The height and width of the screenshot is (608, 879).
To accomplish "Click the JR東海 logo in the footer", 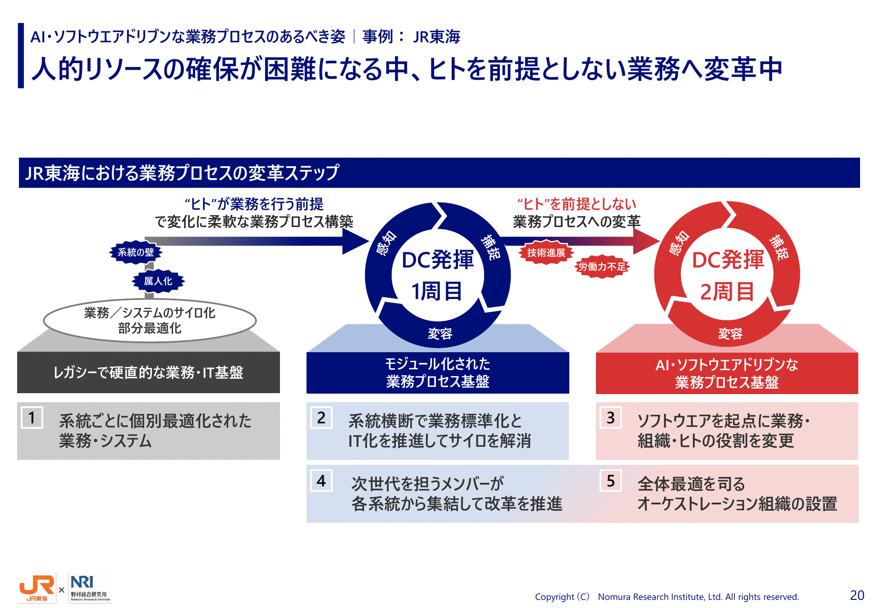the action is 37,588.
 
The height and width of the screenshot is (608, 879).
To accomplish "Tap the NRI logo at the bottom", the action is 90,588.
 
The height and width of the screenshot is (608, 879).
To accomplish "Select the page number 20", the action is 857,595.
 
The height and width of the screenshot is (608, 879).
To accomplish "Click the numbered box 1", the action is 32,417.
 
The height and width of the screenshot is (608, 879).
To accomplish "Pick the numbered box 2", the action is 321,417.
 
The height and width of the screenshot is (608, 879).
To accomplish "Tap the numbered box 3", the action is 611,417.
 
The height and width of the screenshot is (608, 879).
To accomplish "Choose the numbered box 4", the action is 321,481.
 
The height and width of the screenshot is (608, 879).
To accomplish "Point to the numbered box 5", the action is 611,481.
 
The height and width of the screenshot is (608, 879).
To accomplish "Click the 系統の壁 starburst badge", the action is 136,252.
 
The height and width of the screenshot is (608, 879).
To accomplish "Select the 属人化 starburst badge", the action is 158,281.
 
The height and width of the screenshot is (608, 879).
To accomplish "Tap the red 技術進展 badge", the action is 546,253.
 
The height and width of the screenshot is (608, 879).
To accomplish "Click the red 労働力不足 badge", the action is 602,267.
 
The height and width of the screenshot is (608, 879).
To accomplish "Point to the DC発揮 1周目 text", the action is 438,275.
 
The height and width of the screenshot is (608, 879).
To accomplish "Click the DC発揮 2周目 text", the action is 728,275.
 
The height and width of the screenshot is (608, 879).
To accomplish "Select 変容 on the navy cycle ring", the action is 440,334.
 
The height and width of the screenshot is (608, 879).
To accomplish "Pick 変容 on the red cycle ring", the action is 730,334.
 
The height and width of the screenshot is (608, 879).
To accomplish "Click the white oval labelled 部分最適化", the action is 150,320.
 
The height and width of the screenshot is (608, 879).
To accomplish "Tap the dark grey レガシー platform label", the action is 148,372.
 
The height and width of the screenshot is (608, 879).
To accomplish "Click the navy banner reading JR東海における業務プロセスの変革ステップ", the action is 439,172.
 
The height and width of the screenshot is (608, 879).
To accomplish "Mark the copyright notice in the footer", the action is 667,597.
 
